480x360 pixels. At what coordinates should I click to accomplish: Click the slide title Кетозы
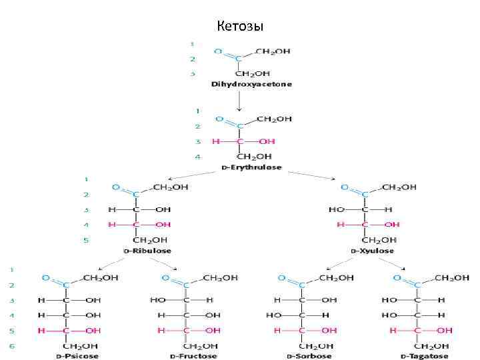coord(240,27)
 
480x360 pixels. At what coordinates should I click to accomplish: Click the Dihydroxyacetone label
coord(251,85)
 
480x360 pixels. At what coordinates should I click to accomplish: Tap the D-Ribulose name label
coord(149,251)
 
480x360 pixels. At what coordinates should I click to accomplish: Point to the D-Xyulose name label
coord(372,251)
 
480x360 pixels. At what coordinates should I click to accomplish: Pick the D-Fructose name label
coord(193,356)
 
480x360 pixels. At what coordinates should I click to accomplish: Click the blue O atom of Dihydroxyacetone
coord(218,51)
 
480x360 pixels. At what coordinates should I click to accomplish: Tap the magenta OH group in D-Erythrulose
coord(267,141)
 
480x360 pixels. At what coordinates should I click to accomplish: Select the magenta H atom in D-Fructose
coord(161,331)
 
